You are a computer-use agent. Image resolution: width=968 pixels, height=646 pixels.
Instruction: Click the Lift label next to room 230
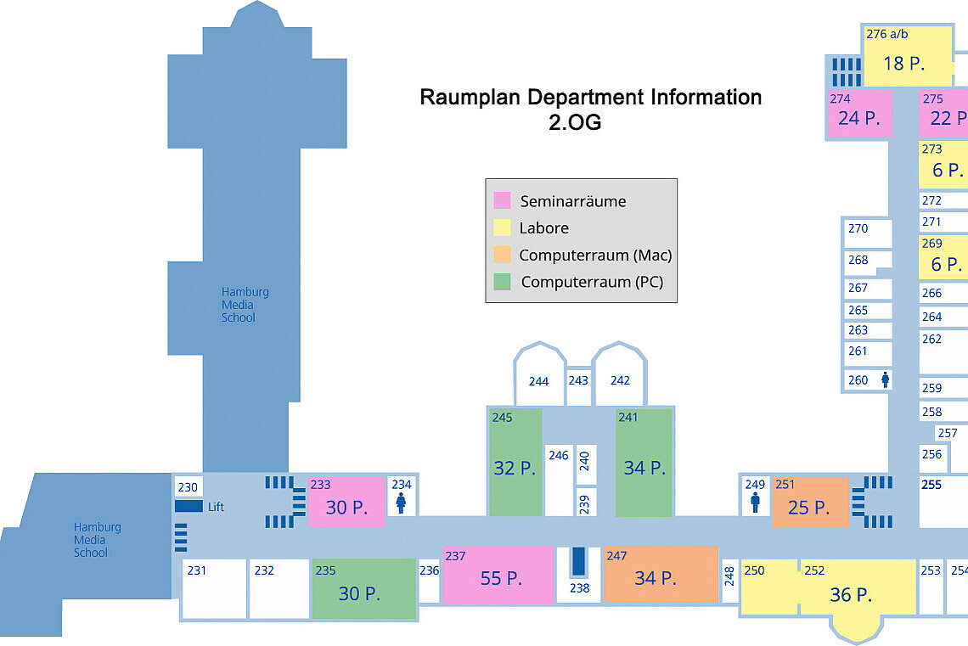point(216,507)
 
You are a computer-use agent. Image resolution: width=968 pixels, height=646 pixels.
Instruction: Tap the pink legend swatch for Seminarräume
point(502,200)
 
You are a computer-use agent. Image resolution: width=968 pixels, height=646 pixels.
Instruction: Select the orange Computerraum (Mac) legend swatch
point(502,255)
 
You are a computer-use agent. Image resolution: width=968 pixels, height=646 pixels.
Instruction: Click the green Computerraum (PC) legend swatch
point(502,282)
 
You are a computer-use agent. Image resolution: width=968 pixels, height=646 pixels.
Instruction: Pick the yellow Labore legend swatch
point(502,228)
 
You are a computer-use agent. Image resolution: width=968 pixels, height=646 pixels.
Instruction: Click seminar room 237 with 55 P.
point(498,575)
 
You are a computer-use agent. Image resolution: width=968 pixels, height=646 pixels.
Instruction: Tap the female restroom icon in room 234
point(401,503)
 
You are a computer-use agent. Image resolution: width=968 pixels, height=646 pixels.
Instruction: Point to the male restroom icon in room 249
point(755,503)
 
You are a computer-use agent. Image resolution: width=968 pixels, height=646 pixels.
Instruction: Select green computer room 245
point(515,462)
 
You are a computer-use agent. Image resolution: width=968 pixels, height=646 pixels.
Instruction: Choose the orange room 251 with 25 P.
point(809,502)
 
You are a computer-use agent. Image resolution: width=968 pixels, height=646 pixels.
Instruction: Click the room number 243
point(578,380)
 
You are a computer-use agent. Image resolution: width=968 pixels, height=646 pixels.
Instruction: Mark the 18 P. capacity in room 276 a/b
point(903,63)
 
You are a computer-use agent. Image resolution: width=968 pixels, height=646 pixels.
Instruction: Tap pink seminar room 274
point(858,114)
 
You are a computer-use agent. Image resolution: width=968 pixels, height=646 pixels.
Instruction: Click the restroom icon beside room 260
point(885,380)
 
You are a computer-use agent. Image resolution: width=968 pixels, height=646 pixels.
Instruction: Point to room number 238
point(579,587)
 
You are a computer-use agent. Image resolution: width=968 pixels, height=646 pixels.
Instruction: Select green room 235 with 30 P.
point(363,588)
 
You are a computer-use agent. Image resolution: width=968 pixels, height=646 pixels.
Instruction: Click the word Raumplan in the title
point(470,97)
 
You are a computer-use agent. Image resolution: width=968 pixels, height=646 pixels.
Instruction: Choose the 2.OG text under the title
point(575,122)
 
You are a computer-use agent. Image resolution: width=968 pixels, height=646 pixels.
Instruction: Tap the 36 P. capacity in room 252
point(851,595)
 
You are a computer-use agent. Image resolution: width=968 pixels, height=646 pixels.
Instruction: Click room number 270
point(858,228)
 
